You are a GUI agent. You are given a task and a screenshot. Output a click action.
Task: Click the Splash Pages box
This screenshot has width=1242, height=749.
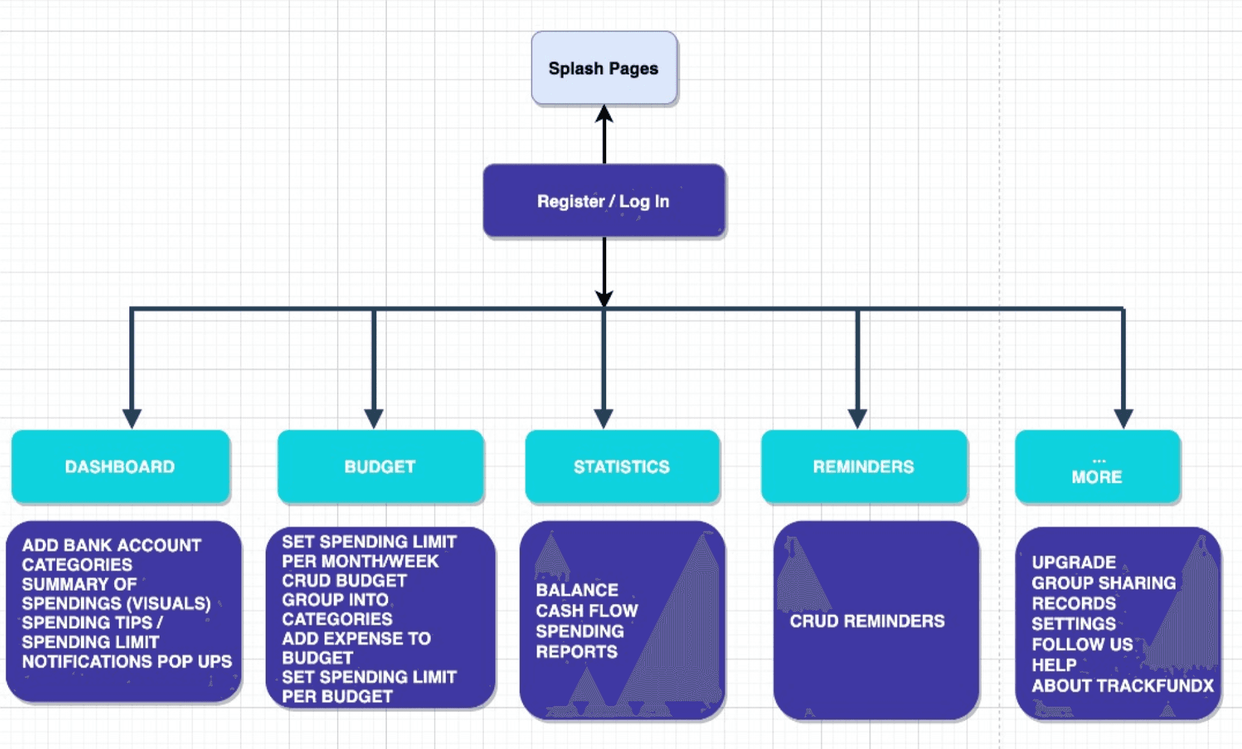click(x=604, y=68)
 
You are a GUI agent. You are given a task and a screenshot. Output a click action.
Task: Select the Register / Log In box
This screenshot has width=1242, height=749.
click(x=604, y=200)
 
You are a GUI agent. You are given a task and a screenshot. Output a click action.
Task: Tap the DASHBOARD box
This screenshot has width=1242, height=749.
click(x=120, y=466)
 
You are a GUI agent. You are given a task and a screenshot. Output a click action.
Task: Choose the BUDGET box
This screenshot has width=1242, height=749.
click(x=381, y=466)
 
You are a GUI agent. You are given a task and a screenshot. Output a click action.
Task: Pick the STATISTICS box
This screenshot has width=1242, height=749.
click(x=622, y=466)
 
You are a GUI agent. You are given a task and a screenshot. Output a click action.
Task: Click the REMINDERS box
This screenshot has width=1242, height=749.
click(x=864, y=466)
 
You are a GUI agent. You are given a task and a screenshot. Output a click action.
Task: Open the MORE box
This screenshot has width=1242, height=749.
click(x=1097, y=466)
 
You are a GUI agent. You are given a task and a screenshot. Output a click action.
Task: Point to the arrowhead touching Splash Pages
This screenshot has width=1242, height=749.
click(x=604, y=114)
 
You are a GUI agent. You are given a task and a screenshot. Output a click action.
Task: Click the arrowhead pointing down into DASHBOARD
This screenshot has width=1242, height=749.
click(x=132, y=419)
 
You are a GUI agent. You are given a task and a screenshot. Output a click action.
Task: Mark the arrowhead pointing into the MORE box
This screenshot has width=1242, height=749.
click(x=1123, y=419)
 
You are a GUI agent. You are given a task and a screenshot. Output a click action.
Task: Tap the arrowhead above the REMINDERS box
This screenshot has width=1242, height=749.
click(x=858, y=419)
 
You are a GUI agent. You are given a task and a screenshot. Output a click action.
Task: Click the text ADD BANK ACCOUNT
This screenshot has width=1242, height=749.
click(x=112, y=545)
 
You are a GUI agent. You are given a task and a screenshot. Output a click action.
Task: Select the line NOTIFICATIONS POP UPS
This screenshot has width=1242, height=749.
click(x=127, y=662)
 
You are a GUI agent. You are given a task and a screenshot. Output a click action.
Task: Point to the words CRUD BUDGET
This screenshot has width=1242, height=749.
click(x=345, y=581)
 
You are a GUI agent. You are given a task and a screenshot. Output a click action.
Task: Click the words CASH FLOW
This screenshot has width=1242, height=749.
click(x=587, y=611)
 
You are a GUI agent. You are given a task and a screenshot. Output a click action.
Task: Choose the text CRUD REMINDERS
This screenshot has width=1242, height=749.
click(x=868, y=621)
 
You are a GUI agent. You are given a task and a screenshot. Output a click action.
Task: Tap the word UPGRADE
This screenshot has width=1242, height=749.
click(x=1074, y=562)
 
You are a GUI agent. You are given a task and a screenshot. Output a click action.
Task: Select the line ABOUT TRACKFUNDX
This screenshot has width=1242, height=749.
click(x=1123, y=686)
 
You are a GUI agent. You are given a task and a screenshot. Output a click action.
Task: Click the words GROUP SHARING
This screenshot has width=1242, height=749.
click(x=1104, y=583)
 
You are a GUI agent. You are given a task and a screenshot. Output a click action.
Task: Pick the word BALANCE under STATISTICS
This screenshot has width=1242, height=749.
click(x=578, y=590)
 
